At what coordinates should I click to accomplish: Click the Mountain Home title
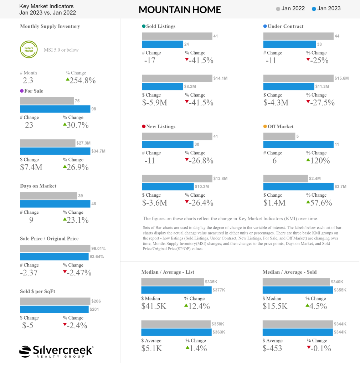[x=180, y=10]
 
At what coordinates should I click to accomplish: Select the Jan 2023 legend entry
[x=326, y=9]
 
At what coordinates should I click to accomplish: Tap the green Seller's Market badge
[x=29, y=50]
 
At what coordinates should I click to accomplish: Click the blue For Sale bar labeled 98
[x=55, y=109]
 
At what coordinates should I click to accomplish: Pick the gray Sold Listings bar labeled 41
[x=176, y=36]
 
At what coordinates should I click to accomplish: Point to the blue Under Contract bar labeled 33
[x=289, y=44]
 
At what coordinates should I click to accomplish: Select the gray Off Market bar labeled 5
[x=279, y=136]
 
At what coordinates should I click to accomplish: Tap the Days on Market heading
[x=38, y=186]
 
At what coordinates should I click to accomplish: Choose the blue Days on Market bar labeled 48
[x=55, y=204]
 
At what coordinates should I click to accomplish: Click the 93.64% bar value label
[x=99, y=257]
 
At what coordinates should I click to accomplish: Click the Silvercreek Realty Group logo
[x=56, y=351]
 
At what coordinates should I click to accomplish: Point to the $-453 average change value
[x=272, y=348]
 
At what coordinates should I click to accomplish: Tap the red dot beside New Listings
[x=144, y=126]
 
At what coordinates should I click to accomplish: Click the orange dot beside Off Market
[x=265, y=126]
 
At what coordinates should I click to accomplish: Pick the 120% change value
[x=320, y=161]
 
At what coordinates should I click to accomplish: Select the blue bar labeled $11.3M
[x=288, y=86]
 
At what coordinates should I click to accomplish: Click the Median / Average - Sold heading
[x=289, y=272]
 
